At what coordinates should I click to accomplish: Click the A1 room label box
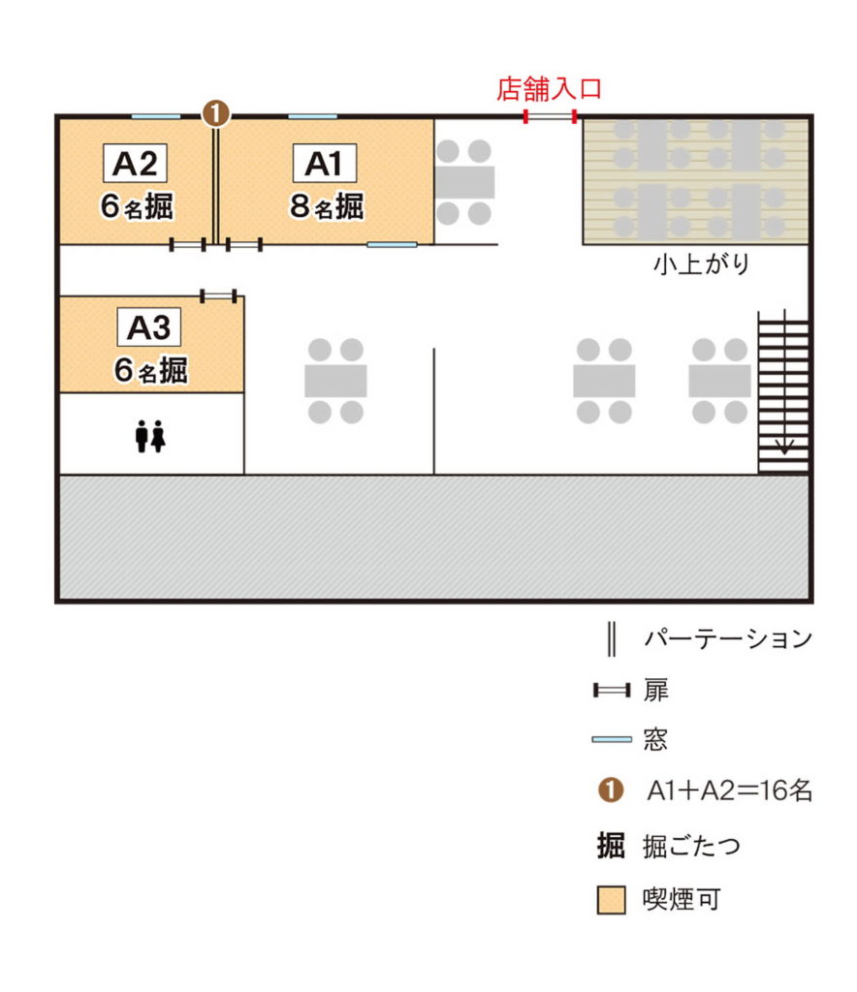(x=325, y=163)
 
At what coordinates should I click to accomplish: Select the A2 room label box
(x=135, y=163)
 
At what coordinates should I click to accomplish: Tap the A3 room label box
(x=149, y=327)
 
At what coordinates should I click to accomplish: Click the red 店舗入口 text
(x=549, y=88)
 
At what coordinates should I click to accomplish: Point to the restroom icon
(x=150, y=436)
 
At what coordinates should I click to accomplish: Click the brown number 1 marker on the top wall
(x=216, y=114)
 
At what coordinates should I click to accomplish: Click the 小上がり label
(x=701, y=263)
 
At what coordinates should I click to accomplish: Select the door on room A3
(x=219, y=295)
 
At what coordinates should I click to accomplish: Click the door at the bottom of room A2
(x=188, y=244)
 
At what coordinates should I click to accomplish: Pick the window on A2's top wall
(x=156, y=116)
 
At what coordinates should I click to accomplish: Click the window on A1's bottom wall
(x=393, y=244)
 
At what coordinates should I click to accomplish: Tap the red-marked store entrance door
(x=550, y=116)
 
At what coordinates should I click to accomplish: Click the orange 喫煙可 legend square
(x=612, y=900)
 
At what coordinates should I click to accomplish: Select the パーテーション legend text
(x=728, y=638)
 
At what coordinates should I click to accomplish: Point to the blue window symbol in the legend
(x=612, y=739)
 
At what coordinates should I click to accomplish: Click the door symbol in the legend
(x=612, y=690)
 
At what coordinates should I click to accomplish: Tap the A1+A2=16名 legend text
(x=730, y=790)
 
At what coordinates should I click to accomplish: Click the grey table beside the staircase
(x=720, y=381)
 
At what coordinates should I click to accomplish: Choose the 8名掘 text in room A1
(x=327, y=206)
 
